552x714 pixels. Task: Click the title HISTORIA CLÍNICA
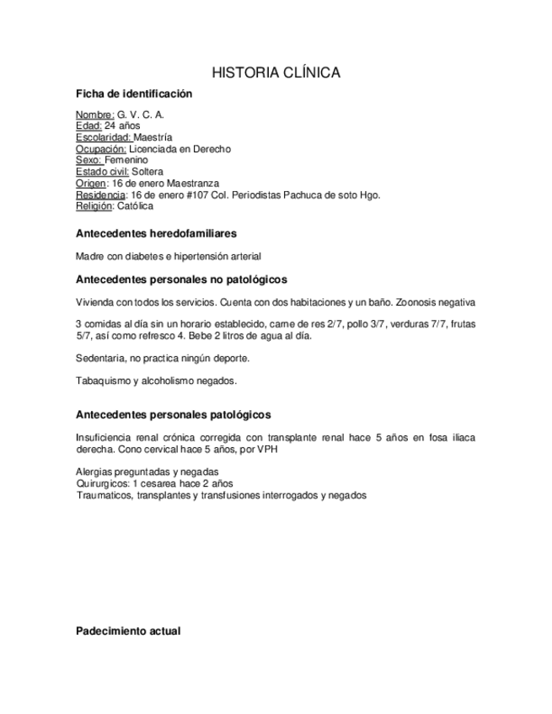[x=276, y=73]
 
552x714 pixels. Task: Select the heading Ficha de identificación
[x=134, y=94]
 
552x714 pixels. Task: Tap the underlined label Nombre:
[x=94, y=115]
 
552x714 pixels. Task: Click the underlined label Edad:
[x=88, y=126]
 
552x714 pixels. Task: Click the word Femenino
[x=126, y=160]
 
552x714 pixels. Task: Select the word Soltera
[x=147, y=172]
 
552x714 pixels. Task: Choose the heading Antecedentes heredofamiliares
[x=156, y=232]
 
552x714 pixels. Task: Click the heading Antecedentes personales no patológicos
[x=181, y=279]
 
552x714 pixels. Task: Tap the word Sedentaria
[x=100, y=358]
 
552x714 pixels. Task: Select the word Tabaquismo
[x=103, y=381]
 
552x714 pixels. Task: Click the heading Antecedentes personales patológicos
[x=173, y=415]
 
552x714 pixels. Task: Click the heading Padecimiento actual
[x=127, y=631]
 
